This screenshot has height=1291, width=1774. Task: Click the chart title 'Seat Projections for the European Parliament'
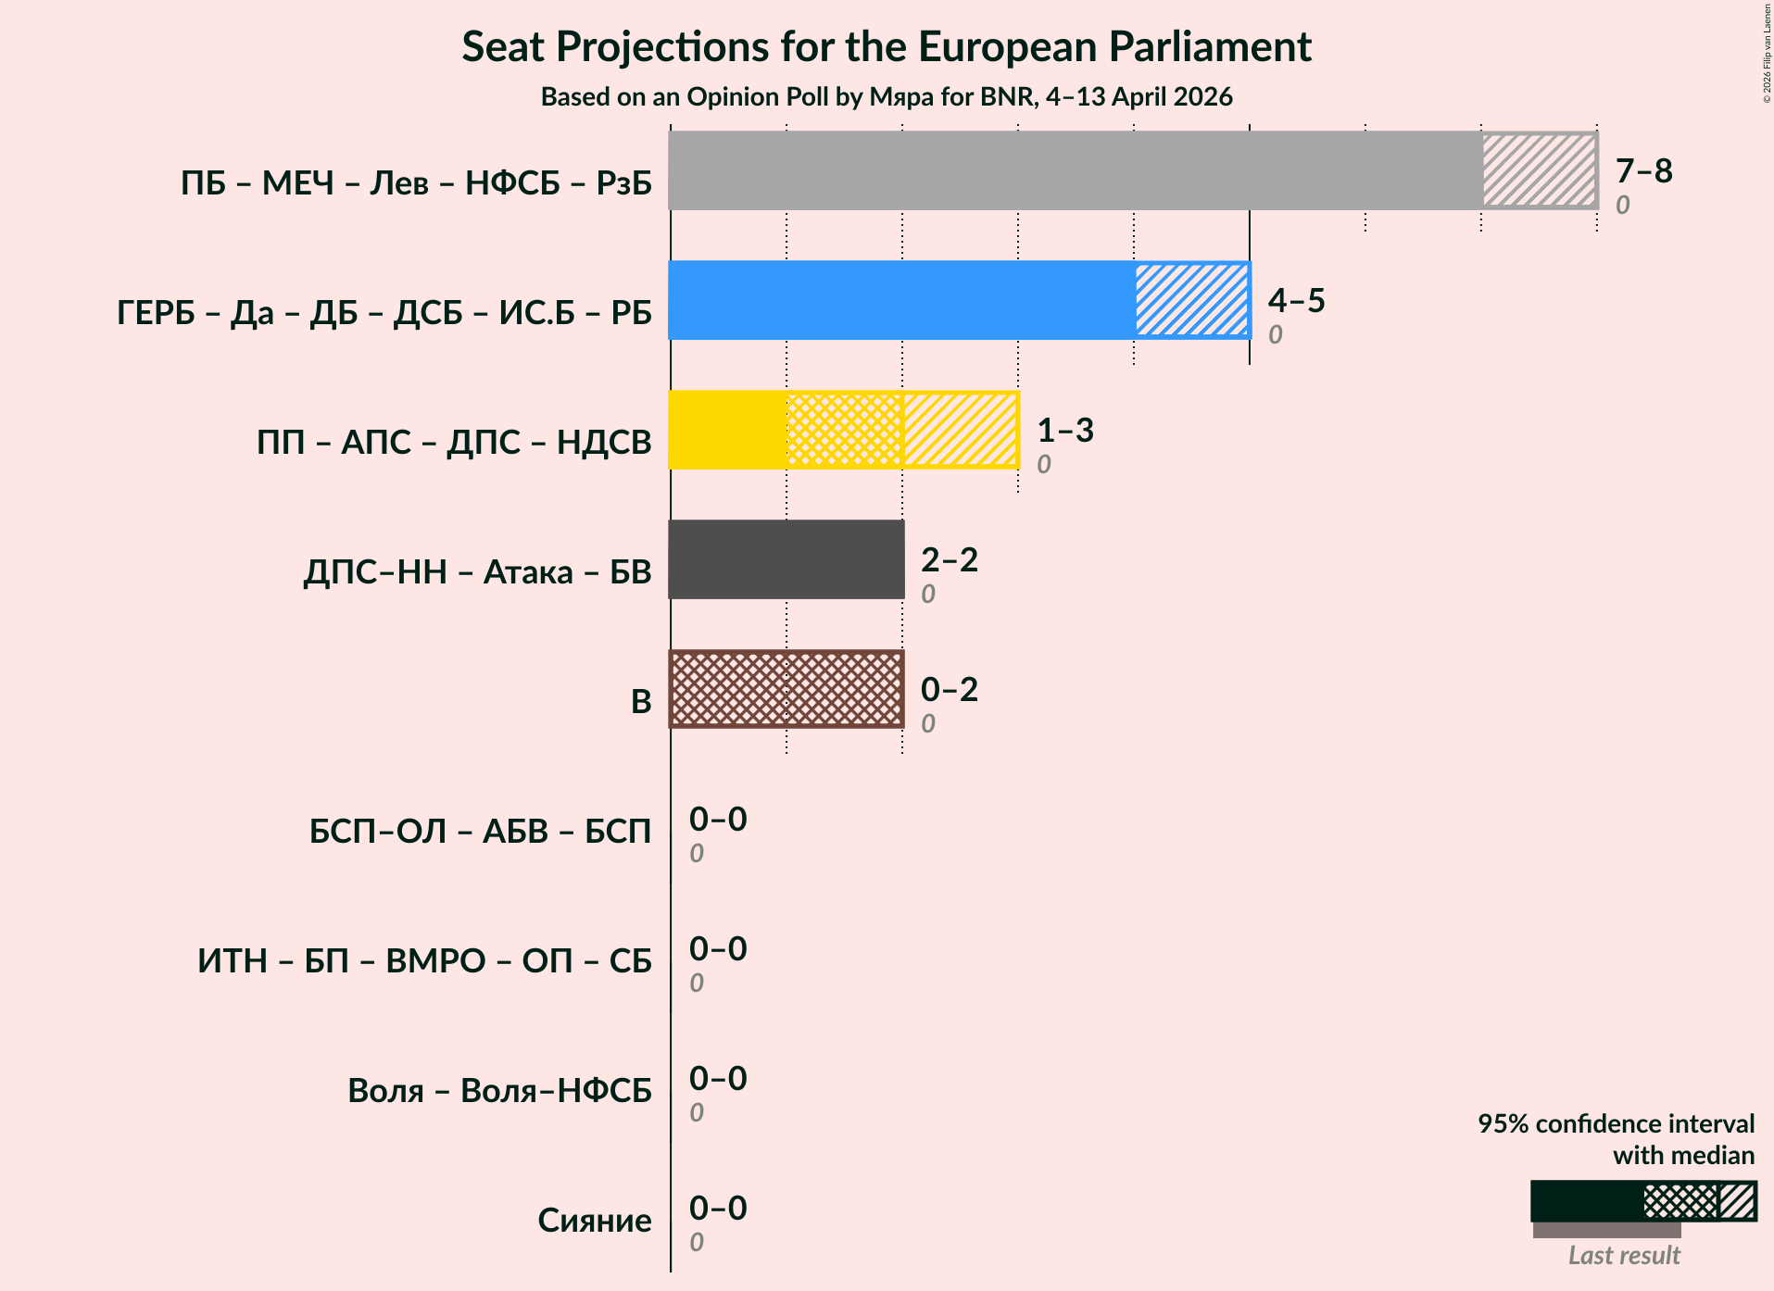[x=887, y=47]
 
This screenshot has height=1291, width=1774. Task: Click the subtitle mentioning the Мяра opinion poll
[x=887, y=97]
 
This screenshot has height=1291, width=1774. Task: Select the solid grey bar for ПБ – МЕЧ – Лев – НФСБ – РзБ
[x=1075, y=170]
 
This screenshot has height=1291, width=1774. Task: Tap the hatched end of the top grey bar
[x=1539, y=170]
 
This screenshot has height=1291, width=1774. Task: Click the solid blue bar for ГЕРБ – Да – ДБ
[x=901, y=300]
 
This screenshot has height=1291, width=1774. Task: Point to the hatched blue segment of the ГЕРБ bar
[x=1191, y=300]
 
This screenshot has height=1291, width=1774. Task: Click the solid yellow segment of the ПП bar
[x=727, y=430]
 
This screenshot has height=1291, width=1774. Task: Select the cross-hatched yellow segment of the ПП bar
[x=844, y=430]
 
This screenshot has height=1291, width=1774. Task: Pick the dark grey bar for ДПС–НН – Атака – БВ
[x=786, y=559]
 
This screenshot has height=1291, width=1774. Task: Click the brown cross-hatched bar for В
[x=786, y=689]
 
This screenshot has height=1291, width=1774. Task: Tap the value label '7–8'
[x=1643, y=171]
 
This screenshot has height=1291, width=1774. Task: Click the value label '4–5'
[x=1296, y=301]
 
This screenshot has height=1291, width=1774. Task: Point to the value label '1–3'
[x=1064, y=431]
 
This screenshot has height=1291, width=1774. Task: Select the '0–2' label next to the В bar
[x=949, y=690]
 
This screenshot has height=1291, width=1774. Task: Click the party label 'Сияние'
[x=594, y=1221]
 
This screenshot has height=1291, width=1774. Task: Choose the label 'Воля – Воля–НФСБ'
[x=499, y=1091]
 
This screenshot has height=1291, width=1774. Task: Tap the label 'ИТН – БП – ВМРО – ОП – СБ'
[x=424, y=961]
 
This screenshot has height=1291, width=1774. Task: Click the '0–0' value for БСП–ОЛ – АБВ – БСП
[x=717, y=820]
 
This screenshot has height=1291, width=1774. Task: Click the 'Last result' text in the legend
[x=1623, y=1256]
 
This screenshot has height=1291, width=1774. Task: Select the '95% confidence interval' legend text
[x=1615, y=1124]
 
